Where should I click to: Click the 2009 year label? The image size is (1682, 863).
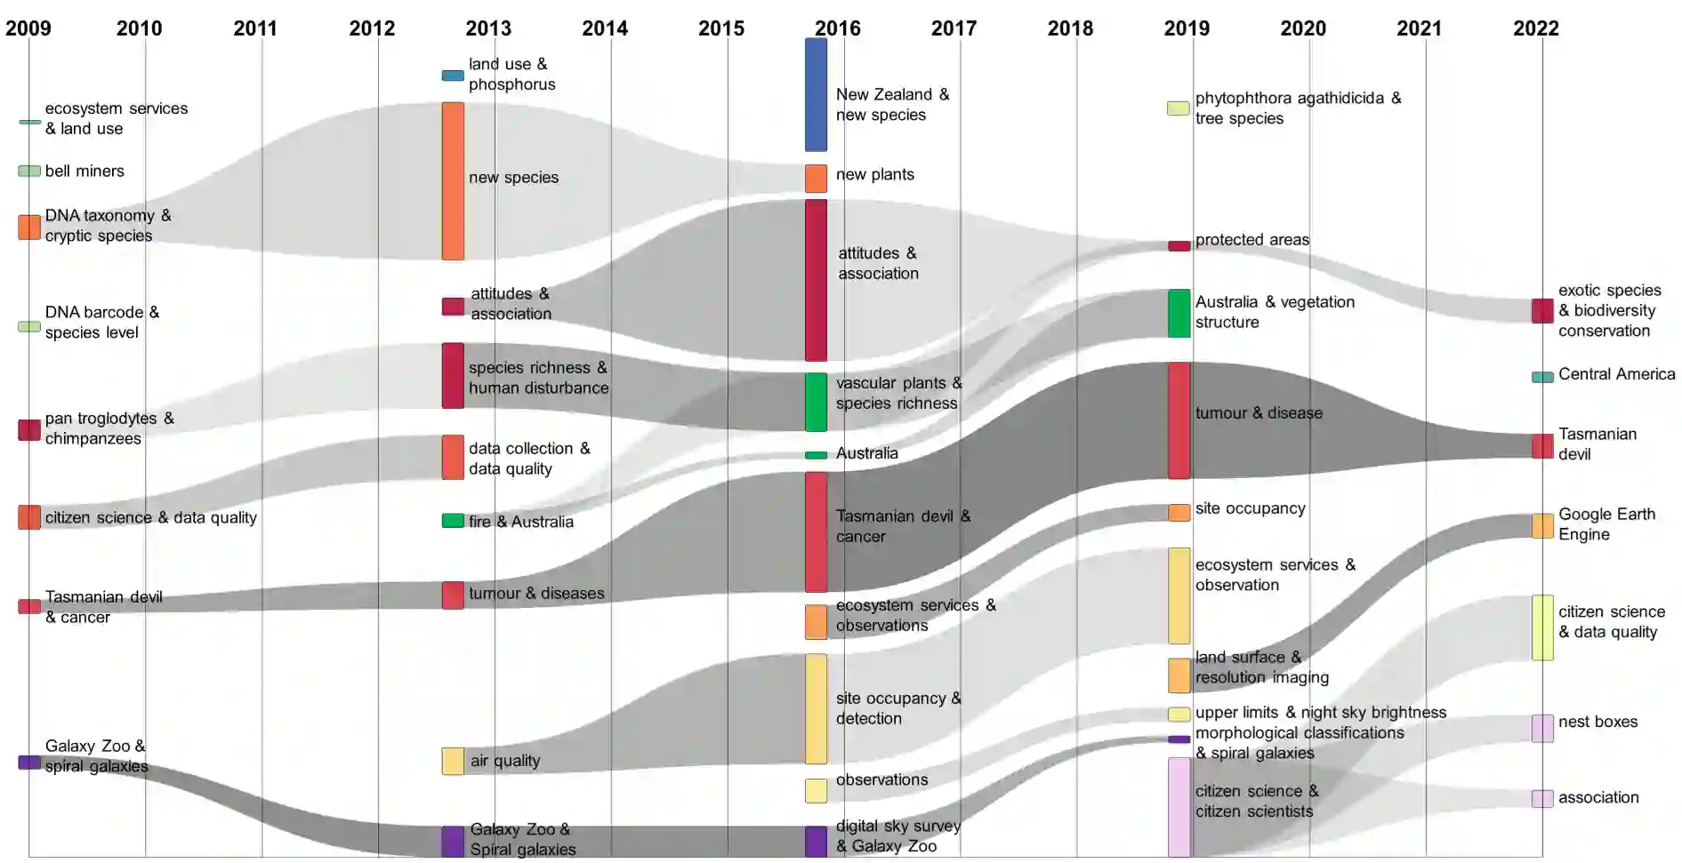28,28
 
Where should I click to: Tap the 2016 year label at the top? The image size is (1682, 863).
838,28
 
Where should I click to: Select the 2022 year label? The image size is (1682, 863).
1535,28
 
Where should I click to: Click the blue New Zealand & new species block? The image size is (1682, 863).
816,94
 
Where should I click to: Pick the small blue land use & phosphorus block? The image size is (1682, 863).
453,76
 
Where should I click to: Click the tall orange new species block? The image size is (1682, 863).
453,181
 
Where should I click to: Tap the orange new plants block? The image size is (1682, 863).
816,179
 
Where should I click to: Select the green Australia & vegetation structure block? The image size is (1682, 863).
1179,313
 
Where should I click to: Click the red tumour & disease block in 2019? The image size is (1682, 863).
1179,420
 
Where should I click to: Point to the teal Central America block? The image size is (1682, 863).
1542,377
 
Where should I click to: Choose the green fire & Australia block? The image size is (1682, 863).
453,521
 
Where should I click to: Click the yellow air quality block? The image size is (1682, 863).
453,761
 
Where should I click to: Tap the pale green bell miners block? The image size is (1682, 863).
29,171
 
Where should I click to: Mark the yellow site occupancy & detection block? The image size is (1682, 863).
816,708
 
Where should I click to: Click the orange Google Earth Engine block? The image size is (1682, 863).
1542,525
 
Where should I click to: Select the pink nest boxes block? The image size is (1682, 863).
1542,728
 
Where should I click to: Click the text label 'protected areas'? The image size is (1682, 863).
1251,240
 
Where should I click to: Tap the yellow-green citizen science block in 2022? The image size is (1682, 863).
1542,627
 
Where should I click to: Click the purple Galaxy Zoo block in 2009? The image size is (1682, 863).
29,762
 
